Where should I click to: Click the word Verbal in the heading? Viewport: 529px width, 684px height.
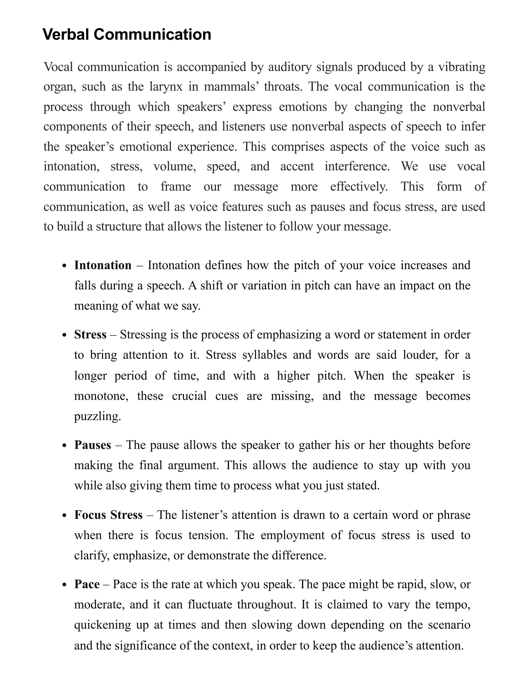click(x=66, y=34)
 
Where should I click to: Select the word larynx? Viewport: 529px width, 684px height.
click(x=166, y=87)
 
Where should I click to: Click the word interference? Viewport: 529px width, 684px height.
click(x=357, y=166)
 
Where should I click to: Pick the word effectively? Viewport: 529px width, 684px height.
click(x=359, y=187)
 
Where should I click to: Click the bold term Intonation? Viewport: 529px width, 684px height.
click(x=103, y=265)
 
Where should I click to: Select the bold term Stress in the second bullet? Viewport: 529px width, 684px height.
click(x=90, y=335)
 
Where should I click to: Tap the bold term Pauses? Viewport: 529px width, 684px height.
click(x=92, y=445)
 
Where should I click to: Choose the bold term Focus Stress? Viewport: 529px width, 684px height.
click(x=108, y=515)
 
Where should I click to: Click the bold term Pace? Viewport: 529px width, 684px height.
click(x=87, y=584)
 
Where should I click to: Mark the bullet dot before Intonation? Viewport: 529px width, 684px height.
click(x=65, y=266)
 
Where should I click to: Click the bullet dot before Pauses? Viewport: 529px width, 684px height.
click(x=65, y=446)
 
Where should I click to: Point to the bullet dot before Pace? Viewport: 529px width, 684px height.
click(x=65, y=585)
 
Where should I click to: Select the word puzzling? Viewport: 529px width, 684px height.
click(x=97, y=416)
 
